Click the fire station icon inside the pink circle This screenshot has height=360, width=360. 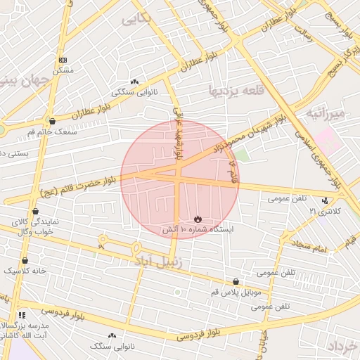coord(197,219)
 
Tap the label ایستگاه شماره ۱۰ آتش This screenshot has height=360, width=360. coord(198,229)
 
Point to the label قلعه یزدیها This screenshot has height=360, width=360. coord(235,91)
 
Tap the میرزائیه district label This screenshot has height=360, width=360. coord(326,112)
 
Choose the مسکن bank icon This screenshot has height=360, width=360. coord(64,60)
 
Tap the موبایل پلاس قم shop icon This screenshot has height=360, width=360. coord(236,281)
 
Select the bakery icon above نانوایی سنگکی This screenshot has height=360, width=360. coord(134,82)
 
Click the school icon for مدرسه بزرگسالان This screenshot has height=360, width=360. coord(22,315)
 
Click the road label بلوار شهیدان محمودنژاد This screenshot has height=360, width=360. coord(245,131)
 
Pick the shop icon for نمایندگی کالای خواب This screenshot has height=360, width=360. coord(36,211)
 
